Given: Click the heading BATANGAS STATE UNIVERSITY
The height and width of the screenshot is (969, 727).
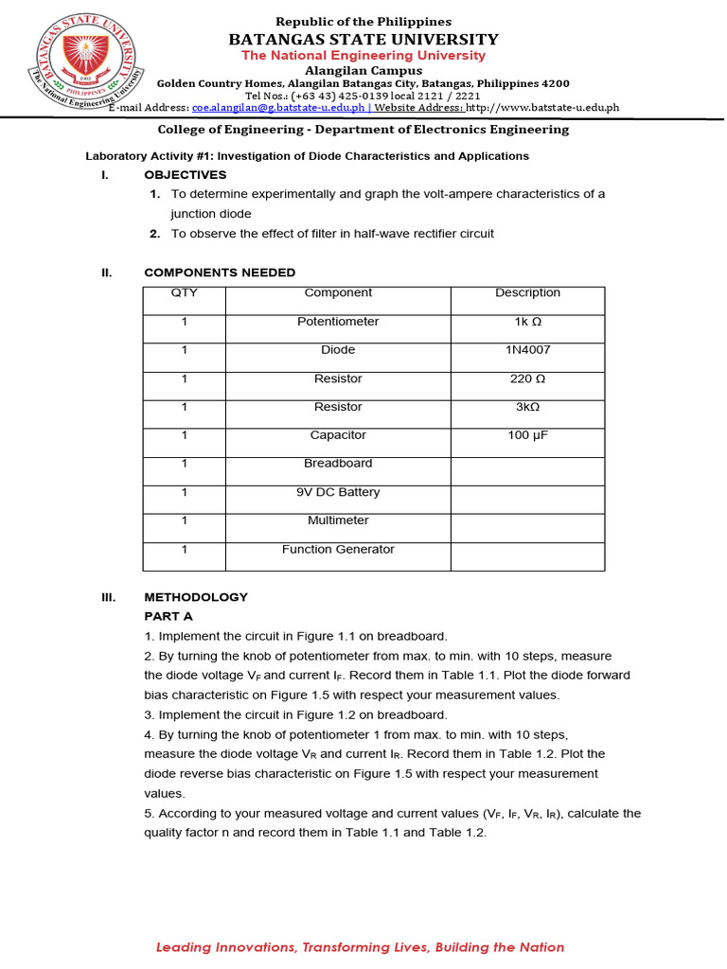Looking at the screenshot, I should tap(363, 39).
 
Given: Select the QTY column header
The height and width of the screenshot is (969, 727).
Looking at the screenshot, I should tap(184, 293).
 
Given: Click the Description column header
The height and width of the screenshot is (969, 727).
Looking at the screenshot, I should tap(527, 293).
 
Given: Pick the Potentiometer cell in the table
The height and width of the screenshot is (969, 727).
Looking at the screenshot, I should tap(338, 322).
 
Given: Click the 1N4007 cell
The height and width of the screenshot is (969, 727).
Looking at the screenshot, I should tap(527, 350).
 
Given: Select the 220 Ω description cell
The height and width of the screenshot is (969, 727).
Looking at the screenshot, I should tap(527, 379).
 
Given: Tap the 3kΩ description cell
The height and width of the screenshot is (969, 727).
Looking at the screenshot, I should tap(527, 407).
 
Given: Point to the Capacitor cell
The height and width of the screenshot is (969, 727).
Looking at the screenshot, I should tap(338, 435).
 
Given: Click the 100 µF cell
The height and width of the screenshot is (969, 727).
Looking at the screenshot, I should tap(527, 435).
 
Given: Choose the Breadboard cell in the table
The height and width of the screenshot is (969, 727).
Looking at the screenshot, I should tap(338, 464).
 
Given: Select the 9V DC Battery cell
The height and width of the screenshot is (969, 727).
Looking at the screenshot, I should tap(338, 492).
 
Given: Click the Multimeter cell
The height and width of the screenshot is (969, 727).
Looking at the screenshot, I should tap(338, 520).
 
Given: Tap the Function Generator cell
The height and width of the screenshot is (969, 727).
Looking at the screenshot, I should tap(338, 550).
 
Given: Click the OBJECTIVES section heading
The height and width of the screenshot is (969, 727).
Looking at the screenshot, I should tap(186, 175).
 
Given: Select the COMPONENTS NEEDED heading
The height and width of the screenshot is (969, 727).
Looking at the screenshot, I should tap(220, 273).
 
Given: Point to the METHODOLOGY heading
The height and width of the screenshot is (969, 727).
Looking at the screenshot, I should tap(196, 597).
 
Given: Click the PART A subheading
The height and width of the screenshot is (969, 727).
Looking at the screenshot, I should tap(168, 616).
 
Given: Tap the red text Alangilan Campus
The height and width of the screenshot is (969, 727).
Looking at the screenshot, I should tap(363, 71).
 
